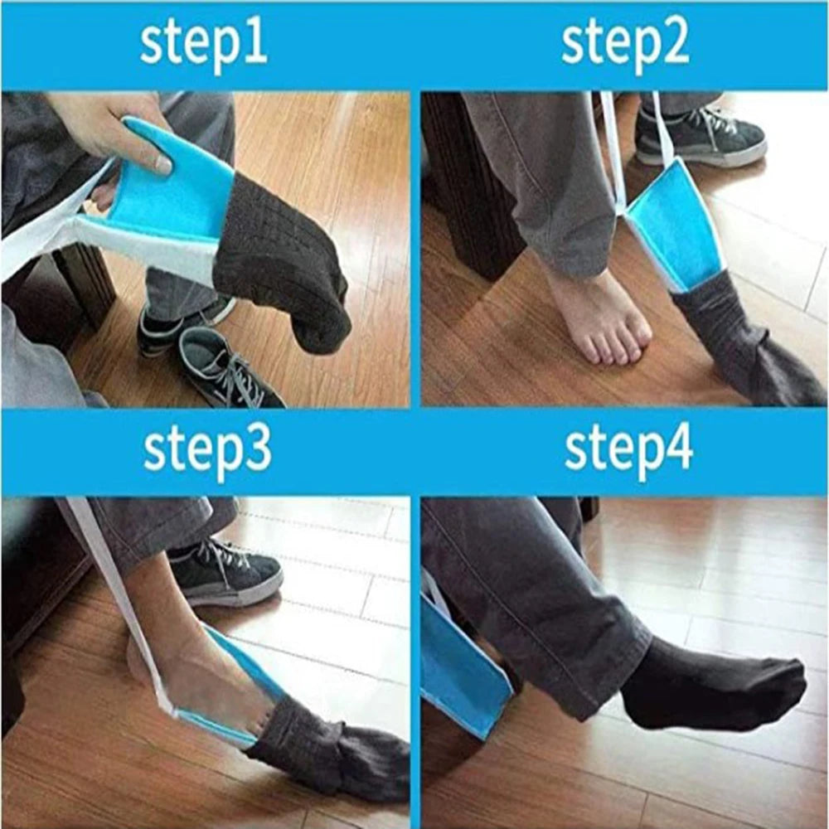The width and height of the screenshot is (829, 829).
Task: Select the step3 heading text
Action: pos(207,450)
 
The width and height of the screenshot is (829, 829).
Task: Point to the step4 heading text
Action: pos(628,450)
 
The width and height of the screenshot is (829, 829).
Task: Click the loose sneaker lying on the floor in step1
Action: pos(224,369)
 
